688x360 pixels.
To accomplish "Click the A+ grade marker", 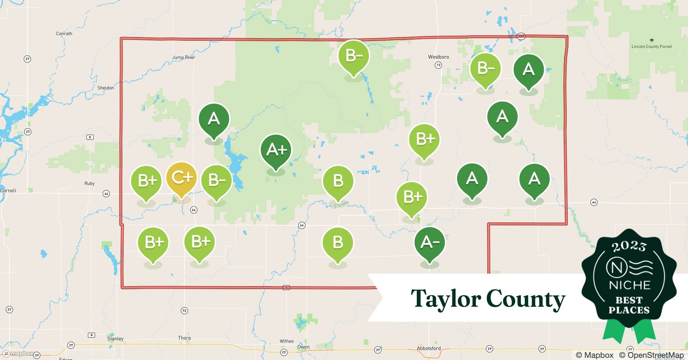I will (276, 150).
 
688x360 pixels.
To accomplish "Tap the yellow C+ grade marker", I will (181, 177).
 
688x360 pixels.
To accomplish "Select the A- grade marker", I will (429, 242).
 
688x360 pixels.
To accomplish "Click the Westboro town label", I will (438, 57).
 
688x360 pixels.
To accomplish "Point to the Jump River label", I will (184, 57).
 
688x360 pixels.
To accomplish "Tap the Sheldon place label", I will (106, 88).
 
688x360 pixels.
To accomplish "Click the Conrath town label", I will (64, 33).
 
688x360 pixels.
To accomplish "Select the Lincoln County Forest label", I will (651, 46).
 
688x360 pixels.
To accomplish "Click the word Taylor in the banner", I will (446, 299).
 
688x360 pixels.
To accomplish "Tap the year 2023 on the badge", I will (629, 246).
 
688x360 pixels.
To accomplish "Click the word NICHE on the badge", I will (629, 285).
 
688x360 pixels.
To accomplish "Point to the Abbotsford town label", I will (428, 348).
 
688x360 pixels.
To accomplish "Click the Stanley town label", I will (115, 339).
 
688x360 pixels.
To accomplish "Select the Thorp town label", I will (184, 338).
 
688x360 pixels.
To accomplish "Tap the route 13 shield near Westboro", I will (438, 65).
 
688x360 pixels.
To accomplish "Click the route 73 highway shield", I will (184, 310).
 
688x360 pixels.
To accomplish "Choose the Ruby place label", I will (89, 184).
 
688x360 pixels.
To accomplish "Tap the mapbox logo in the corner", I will (18, 354).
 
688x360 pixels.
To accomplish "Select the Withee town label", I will (287, 341).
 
